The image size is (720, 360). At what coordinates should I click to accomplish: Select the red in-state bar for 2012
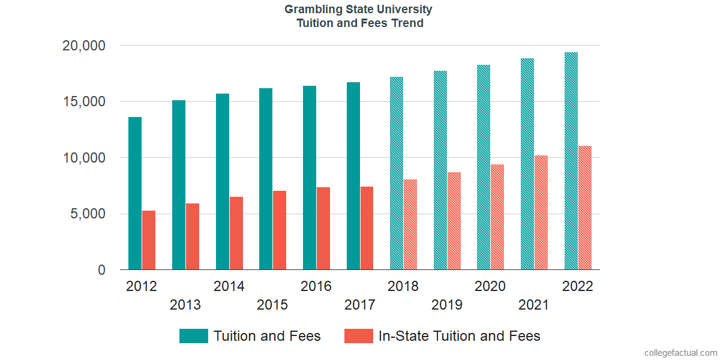point(149,240)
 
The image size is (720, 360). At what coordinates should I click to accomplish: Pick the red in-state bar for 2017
point(367,228)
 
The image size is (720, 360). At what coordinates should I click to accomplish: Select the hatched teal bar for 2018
point(397,173)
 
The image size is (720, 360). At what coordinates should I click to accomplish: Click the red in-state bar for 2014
point(236,233)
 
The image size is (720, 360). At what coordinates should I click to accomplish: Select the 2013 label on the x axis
point(185,305)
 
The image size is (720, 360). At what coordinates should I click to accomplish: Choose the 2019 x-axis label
point(447,305)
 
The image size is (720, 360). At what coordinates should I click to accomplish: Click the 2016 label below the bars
point(316,286)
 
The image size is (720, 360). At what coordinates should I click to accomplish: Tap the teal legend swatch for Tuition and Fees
point(194,336)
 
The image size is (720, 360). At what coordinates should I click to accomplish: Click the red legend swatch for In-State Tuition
point(359,336)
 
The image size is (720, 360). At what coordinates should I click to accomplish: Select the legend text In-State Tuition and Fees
point(459,336)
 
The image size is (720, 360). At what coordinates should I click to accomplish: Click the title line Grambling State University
point(358,10)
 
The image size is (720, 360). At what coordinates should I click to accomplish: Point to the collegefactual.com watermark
point(680,353)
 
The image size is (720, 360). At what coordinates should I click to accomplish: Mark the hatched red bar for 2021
point(541,212)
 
